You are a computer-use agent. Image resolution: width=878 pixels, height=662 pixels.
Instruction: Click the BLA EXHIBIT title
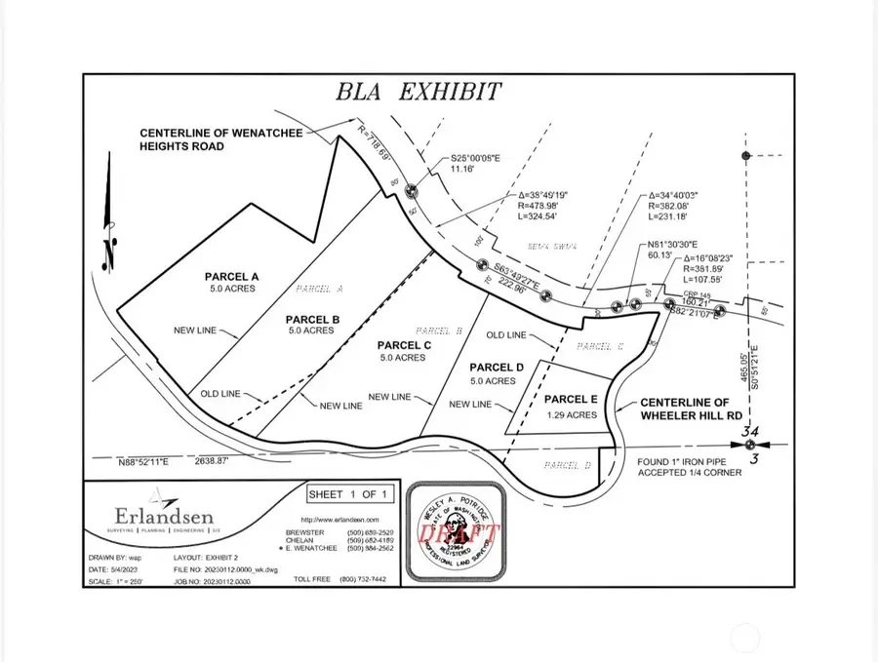419,93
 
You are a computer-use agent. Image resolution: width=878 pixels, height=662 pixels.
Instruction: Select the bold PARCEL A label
231,276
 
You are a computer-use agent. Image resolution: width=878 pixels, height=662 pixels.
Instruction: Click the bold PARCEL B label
312,319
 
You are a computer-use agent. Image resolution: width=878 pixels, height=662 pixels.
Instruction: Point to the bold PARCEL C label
404,345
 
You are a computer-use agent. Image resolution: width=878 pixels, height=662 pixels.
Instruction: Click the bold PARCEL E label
570,399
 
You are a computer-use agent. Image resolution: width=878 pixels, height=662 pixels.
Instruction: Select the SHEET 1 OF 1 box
348,493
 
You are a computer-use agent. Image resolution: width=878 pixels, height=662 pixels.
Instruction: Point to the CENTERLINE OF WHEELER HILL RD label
684,409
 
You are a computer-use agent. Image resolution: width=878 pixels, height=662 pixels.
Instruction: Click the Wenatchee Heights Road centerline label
196,139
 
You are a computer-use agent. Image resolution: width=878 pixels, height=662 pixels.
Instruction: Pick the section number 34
749,431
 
